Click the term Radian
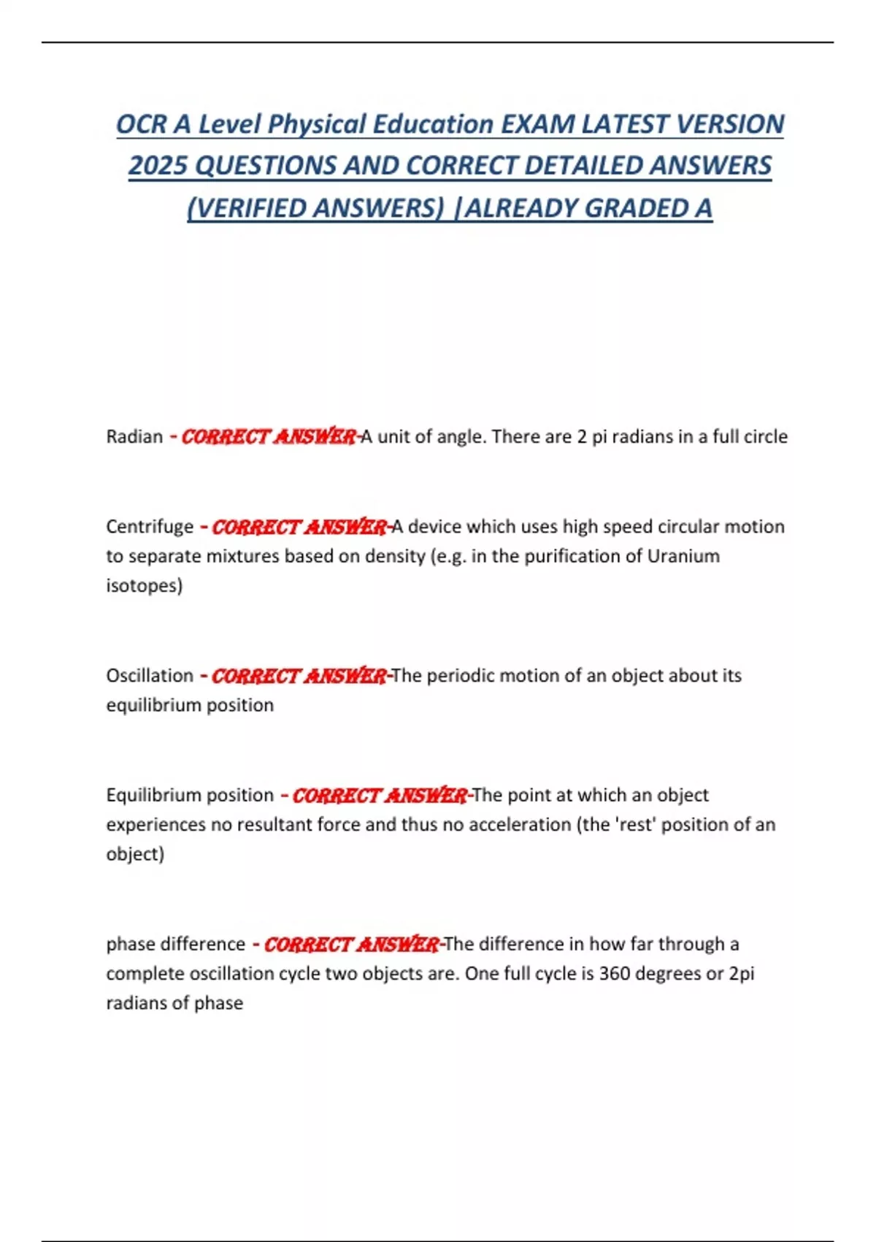click(134, 437)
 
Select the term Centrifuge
click(150, 527)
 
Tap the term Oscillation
click(150, 676)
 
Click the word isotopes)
click(145, 586)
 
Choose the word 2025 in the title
click(158, 166)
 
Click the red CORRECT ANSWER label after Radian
click(269, 437)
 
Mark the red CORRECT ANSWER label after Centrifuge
click(299, 527)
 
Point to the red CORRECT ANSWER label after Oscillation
click(299, 676)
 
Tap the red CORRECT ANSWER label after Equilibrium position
click(380, 796)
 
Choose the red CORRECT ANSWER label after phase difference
click(351, 945)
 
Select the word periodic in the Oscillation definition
click(457, 676)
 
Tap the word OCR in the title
click(142, 124)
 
